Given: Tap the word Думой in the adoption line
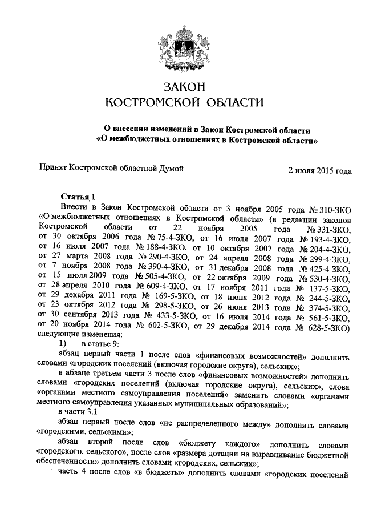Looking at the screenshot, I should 170,170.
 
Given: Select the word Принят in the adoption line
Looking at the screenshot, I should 52,170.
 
